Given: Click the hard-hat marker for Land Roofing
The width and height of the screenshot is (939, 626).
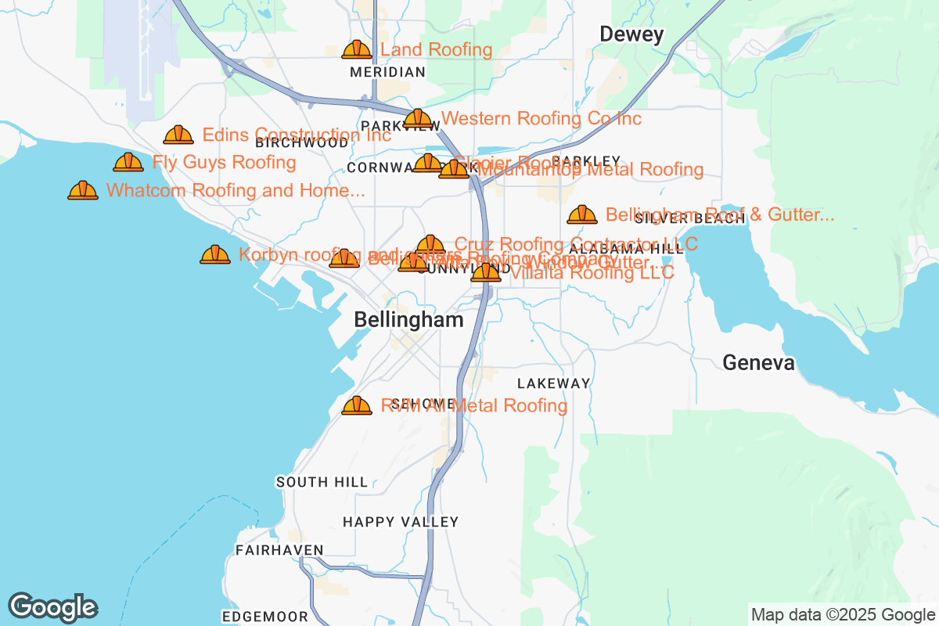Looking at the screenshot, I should tap(357, 50).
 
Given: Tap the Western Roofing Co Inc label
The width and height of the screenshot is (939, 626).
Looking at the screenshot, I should tap(541, 119).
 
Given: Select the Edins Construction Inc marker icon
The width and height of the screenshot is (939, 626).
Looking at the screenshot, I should tap(178, 135).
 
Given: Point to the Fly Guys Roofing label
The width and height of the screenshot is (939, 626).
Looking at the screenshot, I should tap(224, 163).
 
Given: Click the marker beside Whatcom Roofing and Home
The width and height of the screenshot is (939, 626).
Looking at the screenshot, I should tap(83, 190).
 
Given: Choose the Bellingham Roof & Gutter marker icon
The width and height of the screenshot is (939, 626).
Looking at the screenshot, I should tap(582, 214).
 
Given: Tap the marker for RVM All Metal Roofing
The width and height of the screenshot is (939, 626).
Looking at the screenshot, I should tap(357, 405).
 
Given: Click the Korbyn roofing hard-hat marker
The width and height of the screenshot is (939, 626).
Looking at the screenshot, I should tap(215, 254).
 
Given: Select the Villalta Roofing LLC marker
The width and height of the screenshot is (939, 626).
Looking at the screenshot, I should tap(486, 272).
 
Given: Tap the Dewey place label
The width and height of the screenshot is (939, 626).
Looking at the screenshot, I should tap(631, 34).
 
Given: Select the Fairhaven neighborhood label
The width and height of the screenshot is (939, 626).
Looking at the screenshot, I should tap(279, 550).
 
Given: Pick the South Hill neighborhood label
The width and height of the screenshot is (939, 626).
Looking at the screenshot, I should tap(322, 482).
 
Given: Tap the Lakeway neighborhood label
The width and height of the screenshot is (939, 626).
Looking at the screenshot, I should tap(553, 383).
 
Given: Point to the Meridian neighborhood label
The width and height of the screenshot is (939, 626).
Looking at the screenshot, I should tap(387, 72).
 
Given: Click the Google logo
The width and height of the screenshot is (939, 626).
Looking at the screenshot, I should tap(53, 608).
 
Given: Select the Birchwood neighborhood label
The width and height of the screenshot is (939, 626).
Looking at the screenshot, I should tap(302, 143).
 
